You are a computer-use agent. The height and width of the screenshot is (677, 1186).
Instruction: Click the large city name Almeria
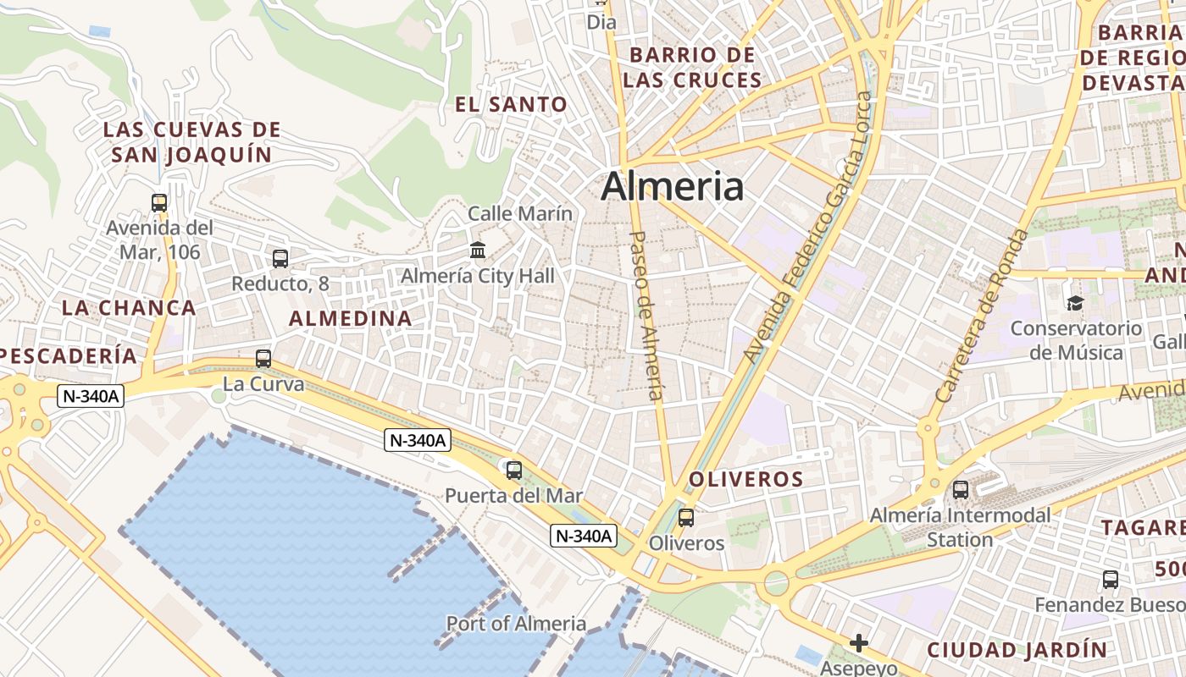(x=673, y=187)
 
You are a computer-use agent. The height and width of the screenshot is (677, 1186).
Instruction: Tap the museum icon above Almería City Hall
(x=478, y=250)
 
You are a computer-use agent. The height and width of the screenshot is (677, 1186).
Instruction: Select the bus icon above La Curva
(x=263, y=359)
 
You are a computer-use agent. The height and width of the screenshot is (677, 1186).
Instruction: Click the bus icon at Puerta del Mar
(x=513, y=470)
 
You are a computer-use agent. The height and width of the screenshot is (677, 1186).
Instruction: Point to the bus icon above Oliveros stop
(x=686, y=517)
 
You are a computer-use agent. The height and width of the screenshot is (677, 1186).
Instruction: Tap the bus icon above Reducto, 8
(x=280, y=259)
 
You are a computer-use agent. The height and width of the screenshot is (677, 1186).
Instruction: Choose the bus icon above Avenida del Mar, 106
(x=159, y=202)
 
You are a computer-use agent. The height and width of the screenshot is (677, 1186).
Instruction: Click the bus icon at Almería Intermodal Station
(x=960, y=489)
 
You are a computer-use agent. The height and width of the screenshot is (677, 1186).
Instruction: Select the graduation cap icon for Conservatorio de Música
(x=1075, y=303)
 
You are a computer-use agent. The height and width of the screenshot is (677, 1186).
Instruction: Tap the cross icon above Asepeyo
(x=859, y=643)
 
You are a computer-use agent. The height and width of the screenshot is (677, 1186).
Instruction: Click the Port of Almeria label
(x=516, y=624)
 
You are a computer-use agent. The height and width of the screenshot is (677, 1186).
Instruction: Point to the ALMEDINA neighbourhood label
(x=351, y=319)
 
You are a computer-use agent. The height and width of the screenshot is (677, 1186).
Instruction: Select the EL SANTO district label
(x=511, y=105)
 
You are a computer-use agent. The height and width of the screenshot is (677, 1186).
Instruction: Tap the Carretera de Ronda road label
(x=982, y=315)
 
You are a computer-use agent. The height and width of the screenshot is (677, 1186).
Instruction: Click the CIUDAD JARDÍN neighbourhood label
(x=1017, y=650)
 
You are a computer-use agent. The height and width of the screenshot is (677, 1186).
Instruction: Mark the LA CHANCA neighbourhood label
(x=129, y=307)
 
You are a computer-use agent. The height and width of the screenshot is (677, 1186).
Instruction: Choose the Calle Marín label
(x=520, y=214)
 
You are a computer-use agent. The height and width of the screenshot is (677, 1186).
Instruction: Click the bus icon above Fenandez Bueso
(x=1111, y=580)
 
